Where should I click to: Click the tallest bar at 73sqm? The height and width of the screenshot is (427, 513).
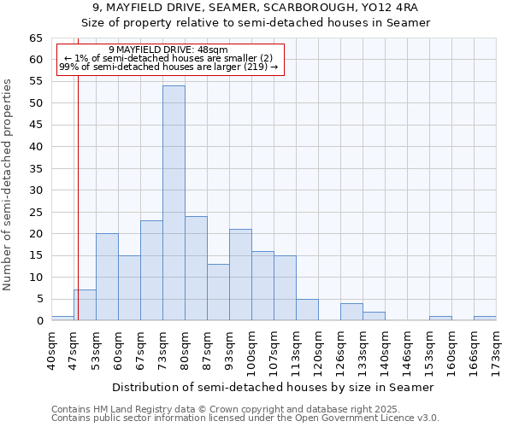174,203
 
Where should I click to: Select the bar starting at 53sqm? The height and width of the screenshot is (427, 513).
107,277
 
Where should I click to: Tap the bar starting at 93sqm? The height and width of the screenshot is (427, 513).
240,275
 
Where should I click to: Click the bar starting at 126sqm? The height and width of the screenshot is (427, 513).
351,312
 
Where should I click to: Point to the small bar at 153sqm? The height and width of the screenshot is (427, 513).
440,319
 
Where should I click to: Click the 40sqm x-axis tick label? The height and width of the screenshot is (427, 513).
52,348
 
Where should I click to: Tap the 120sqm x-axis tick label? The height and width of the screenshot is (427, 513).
319,350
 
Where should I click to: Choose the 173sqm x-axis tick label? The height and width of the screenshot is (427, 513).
497,350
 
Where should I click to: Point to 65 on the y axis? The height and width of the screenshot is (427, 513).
35,38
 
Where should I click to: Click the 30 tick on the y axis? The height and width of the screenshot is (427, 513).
35,190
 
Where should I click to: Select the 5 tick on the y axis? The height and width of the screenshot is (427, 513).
38,299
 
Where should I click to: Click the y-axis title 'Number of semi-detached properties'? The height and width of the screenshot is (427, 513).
9,184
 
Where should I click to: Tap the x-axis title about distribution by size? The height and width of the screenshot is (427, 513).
273,387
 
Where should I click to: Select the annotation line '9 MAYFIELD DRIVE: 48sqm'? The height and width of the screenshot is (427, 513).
168,50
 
